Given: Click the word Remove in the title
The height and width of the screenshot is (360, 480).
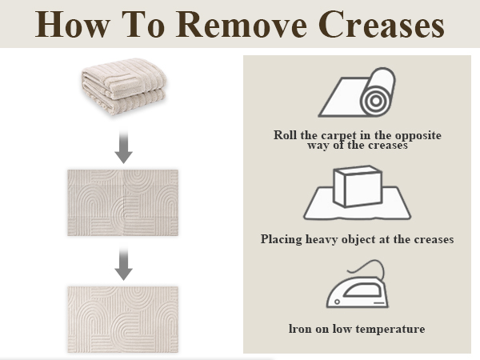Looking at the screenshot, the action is coord(242,25).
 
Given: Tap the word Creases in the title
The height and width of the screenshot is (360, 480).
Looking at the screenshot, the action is coord(382,25).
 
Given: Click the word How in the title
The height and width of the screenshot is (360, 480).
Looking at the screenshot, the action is coord(72,25).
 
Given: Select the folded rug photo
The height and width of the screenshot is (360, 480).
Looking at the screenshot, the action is coord(124,86).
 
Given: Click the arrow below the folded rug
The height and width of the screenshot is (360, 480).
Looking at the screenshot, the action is coord(124,146).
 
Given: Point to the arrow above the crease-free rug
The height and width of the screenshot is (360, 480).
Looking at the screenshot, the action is coord(124,264).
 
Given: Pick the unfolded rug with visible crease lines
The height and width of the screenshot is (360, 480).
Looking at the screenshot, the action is coord(122,202).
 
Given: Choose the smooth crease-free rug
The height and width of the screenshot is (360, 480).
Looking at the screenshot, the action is coord(122,319).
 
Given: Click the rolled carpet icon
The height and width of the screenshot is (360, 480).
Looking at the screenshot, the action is coord(357,92).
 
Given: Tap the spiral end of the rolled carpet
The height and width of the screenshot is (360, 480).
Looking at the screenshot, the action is coord(376,101).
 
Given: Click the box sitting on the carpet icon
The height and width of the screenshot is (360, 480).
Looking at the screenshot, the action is coord(358,186).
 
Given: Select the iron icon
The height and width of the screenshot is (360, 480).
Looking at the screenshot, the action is coord(358,284).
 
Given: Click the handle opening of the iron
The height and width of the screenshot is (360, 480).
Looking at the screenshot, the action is coord(362,290).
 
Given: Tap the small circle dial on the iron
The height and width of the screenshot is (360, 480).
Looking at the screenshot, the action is coord(337,302).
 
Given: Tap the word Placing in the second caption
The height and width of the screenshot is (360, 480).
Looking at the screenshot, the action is coord(281,239).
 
